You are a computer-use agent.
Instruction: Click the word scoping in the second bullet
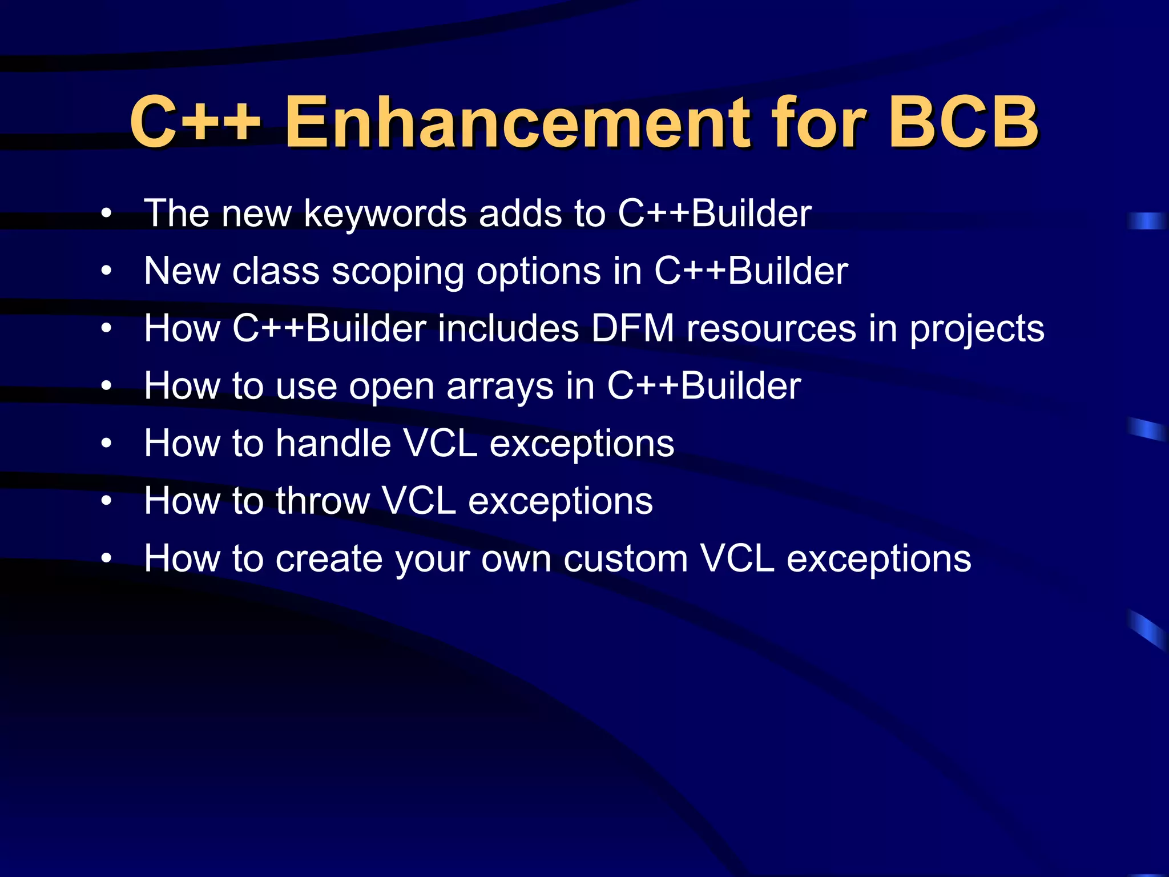coord(397,272)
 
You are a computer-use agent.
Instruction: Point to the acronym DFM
coord(632,329)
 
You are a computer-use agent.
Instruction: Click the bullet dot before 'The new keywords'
coord(106,214)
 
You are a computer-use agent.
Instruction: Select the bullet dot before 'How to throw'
coord(106,501)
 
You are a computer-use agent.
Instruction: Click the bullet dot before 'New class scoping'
coord(106,272)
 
